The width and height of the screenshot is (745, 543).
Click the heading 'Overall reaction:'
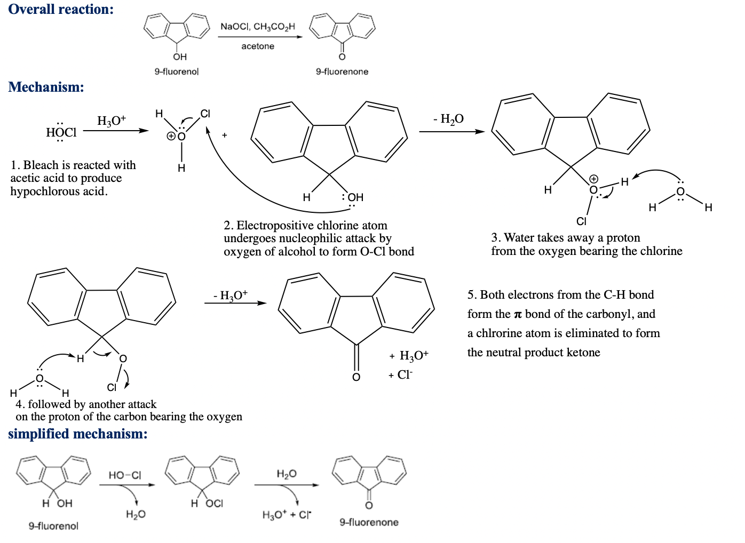tap(61, 10)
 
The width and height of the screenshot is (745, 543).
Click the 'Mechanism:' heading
tap(46, 87)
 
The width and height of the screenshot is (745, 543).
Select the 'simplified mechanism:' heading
tap(78, 434)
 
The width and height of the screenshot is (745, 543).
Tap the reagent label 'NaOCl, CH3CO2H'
tap(258, 27)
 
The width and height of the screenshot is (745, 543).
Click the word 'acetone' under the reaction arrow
tap(258, 46)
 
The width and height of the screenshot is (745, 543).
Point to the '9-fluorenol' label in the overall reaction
tap(177, 71)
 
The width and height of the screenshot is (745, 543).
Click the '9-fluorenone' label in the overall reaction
tap(342, 71)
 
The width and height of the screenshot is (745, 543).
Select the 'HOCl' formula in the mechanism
tap(61, 132)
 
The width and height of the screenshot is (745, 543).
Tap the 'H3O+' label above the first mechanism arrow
tap(112, 121)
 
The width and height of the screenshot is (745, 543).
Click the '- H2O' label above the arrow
tap(449, 119)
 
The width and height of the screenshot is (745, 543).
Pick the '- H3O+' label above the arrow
tap(231, 295)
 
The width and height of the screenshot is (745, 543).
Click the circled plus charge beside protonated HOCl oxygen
tap(171, 136)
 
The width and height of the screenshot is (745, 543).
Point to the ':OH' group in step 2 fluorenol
tap(353, 197)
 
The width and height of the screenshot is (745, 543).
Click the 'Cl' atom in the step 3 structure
tap(582, 221)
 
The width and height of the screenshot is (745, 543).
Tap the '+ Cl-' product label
tap(401, 375)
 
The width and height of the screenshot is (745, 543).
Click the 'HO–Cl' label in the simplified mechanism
tap(125, 475)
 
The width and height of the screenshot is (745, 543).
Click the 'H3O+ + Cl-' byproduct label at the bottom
tap(287, 515)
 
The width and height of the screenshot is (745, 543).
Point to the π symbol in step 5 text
tap(517, 314)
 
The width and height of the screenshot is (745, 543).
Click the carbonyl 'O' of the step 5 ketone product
tap(356, 377)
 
